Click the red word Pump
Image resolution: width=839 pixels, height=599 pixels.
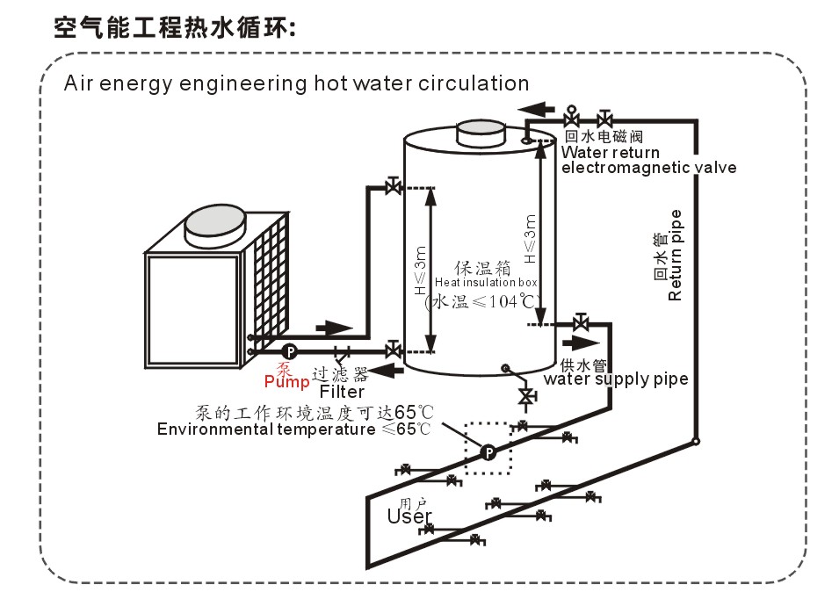click(286, 382)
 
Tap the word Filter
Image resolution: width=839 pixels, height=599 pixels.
click(342, 392)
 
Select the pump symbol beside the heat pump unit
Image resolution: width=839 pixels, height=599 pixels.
click(289, 351)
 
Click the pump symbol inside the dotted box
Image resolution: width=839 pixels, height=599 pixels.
click(488, 452)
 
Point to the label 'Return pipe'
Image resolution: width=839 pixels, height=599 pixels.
click(676, 255)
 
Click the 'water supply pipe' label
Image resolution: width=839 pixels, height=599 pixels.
click(616, 379)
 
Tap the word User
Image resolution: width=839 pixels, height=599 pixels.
click(409, 516)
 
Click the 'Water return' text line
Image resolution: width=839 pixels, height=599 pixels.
click(610, 153)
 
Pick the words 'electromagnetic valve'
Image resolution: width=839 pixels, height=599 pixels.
click(649, 168)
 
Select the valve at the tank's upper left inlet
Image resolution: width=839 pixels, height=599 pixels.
click(393, 186)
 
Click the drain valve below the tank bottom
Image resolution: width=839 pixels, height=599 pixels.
click(526, 397)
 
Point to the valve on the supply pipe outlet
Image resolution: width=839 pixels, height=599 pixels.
click(580, 323)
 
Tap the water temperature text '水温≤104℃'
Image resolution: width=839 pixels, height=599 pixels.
click(481, 302)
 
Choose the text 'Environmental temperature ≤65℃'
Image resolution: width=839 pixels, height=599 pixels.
click(294, 429)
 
